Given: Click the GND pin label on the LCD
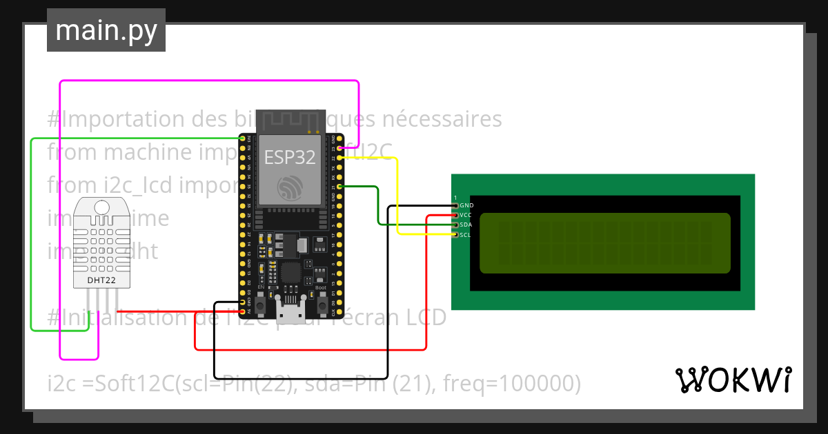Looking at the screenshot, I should click(x=466, y=205).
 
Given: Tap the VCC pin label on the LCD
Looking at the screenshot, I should click(x=466, y=215).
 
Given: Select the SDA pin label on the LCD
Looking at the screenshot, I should click(x=466, y=225).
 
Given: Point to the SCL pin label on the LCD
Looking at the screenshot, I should click(x=465, y=235).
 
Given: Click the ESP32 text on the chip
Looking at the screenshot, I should click(x=290, y=158).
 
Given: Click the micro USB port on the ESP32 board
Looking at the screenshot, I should click(x=290, y=310).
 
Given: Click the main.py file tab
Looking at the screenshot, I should click(x=106, y=30).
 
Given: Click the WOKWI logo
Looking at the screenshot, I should click(x=733, y=380).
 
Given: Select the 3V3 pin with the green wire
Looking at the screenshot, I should click(x=242, y=138).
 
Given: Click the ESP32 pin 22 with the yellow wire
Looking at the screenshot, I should click(x=339, y=158).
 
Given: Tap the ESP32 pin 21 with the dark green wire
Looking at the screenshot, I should click(x=339, y=187).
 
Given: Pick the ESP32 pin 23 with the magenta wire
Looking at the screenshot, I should click(x=339, y=148).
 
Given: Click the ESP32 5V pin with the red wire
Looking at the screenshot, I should click(x=242, y=312).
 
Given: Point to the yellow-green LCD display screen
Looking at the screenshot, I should click(x=604, y=242).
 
